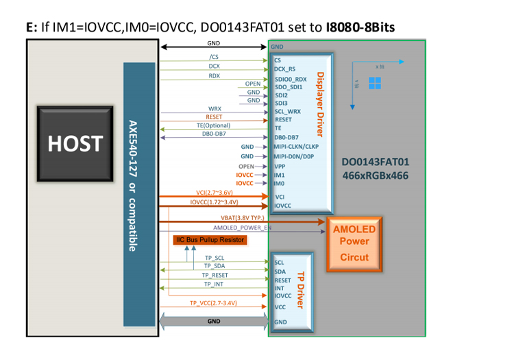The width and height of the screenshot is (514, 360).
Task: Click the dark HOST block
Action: click(x=75, y=143)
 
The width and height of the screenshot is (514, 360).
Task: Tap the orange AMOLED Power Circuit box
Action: click(x=354, y=244)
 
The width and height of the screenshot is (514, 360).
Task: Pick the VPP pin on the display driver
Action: click(x=280, y=166)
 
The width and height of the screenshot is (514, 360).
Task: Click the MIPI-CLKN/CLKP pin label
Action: click(x=296, y=147)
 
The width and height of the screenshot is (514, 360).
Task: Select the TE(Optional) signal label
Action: click(x=212, y=125)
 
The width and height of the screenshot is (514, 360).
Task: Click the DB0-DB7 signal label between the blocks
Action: click(x=214, y=136)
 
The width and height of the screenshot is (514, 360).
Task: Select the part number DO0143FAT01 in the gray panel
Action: click(x=376, y=163)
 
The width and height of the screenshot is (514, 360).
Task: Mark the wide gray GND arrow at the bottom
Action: click(x=214, y=321)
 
